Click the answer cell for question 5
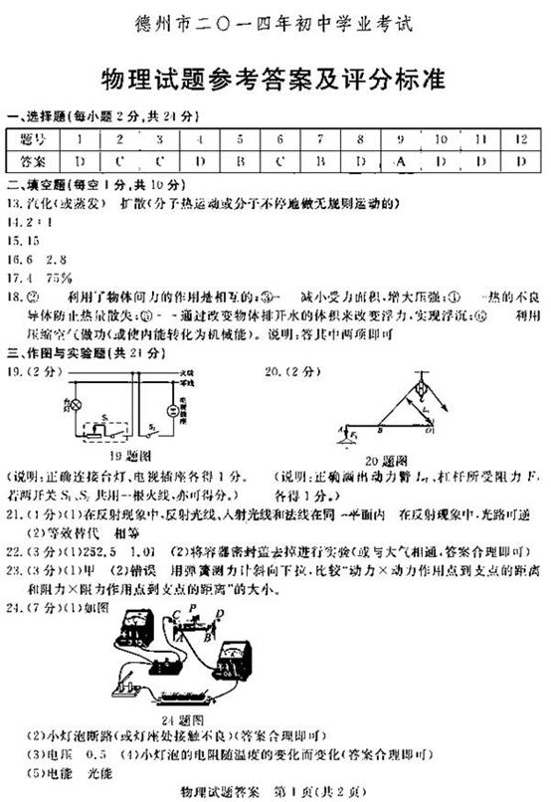pyautogui.click(x=241, y=161)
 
